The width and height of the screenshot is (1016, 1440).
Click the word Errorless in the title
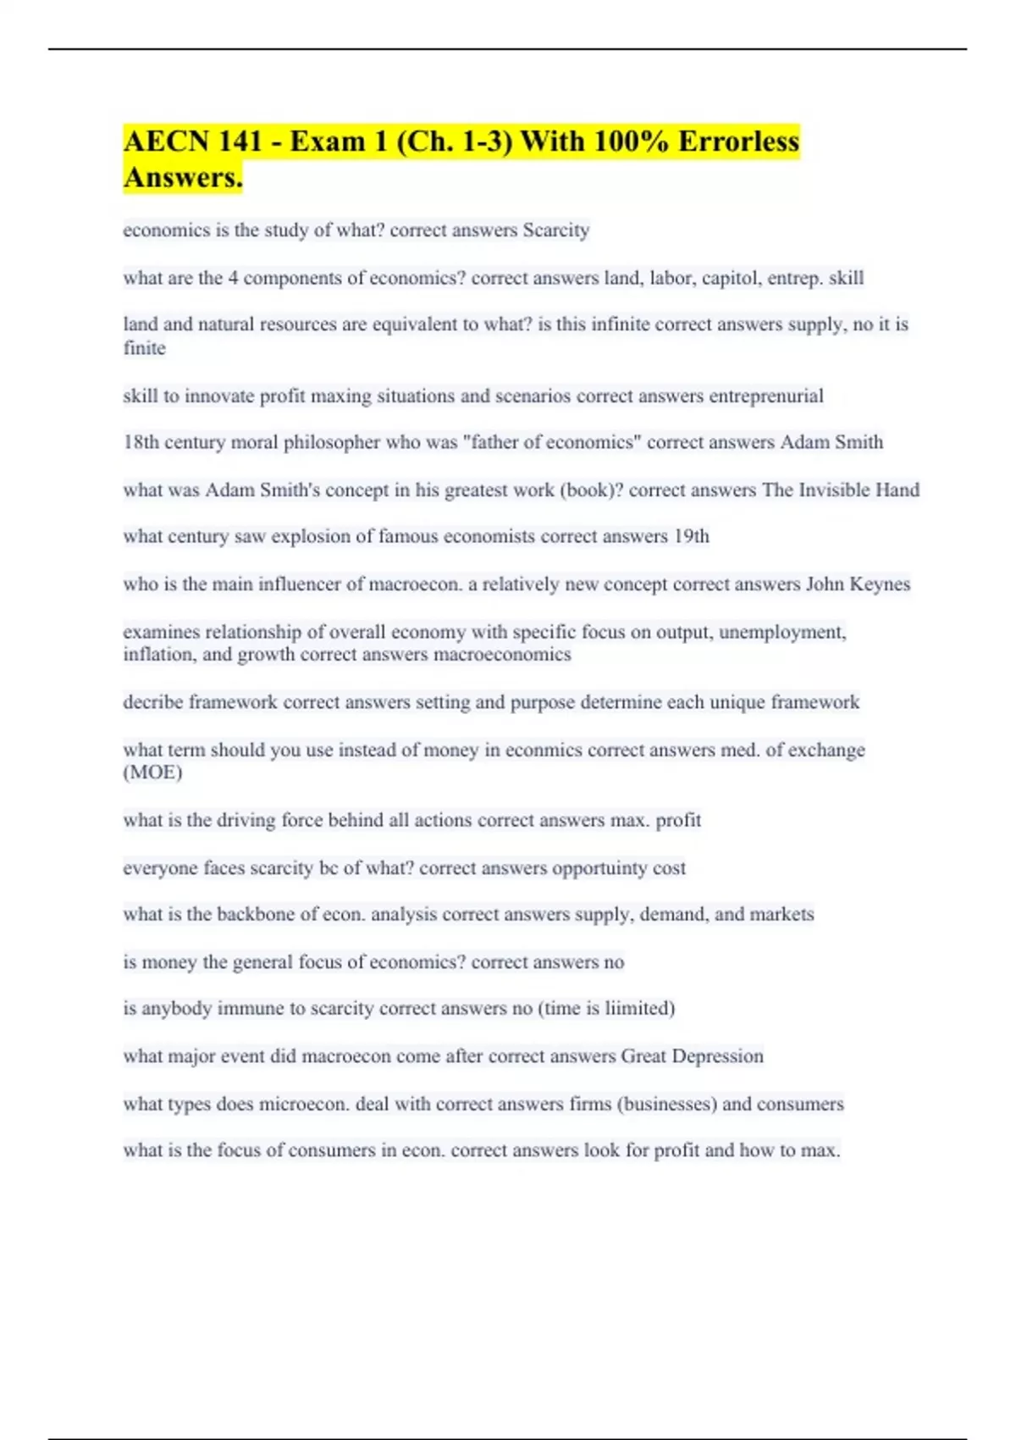[x=737, y=141]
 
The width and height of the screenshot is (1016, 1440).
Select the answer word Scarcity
[x=555, y=230]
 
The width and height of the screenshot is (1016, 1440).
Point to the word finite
[x=144, y=348]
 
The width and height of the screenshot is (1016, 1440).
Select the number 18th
[x=141, y=442]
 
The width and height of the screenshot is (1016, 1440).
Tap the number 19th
[x=691, y=536]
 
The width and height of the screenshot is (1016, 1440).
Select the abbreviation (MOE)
[x=152, y=773]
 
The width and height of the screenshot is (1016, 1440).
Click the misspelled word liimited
[x=639, y=1008]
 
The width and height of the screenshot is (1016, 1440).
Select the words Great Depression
[x=692, y=1056]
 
